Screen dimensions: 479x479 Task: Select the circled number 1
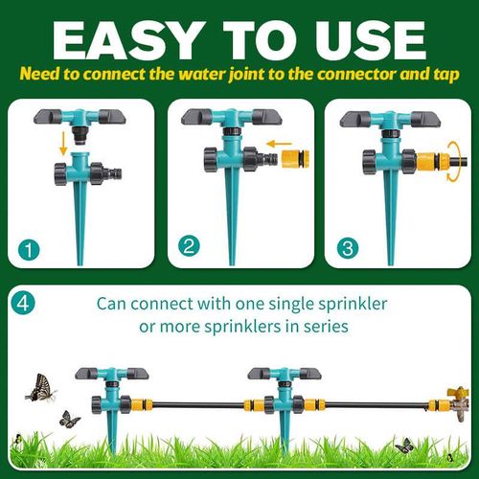(31, 251)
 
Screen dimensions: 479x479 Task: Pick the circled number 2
(190, 246)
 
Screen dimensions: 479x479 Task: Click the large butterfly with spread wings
(39, 387)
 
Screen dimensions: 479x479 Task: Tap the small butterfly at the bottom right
(404, 445)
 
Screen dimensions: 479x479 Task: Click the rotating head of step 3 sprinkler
(390, 120)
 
